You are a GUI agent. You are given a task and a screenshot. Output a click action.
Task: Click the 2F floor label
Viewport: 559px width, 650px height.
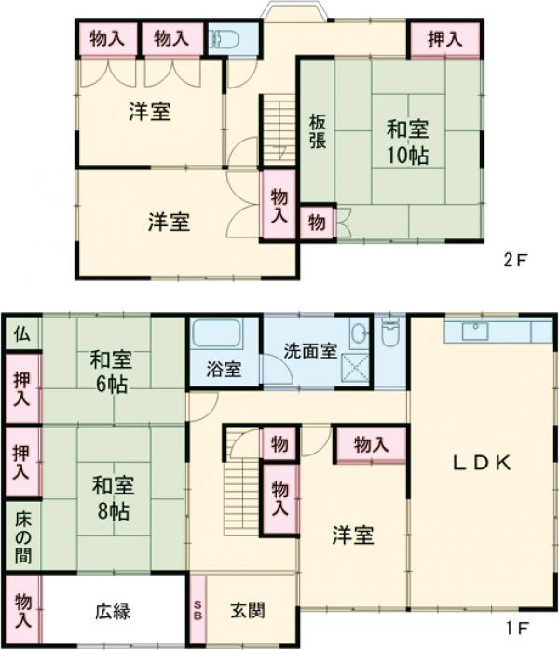click(x=515, y=261)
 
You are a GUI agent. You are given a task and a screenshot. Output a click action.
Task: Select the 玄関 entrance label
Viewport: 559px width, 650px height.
click(x=248, y=611)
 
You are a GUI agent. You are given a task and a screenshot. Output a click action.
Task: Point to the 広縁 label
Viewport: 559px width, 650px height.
click(x=112, y=612)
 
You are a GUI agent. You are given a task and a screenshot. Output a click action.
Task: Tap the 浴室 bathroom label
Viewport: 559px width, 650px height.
click(x=224, y=370)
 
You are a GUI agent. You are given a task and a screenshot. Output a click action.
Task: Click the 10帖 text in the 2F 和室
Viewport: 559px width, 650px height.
click(x=408, y=155)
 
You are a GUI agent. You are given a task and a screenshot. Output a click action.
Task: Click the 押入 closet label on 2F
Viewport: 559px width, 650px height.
click(x=444, y=39)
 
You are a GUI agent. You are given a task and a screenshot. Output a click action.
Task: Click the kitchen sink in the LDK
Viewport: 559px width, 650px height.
click(x=476, y=331)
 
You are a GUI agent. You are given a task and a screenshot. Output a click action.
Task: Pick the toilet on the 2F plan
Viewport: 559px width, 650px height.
click(x=221, y=40)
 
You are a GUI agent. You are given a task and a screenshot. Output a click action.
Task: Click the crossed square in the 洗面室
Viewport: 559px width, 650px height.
click(x=355, y=366)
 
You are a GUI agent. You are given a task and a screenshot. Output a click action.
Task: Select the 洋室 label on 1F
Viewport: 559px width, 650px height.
click(x=353, y=535)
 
